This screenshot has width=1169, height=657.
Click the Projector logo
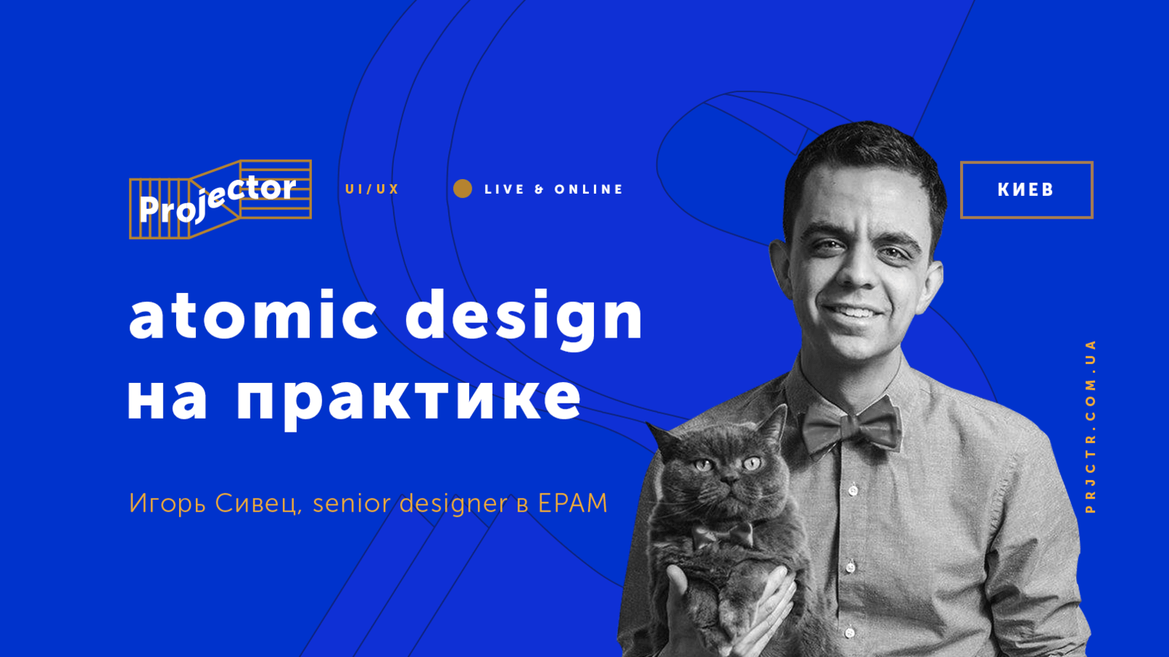point(220,200)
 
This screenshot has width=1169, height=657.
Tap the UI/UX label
point(372,189)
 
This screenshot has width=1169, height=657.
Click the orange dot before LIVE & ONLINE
point(462,189)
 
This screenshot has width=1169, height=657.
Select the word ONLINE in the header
point(588,189)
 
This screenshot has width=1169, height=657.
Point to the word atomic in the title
point(253,315)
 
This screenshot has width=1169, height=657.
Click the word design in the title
point(524,319)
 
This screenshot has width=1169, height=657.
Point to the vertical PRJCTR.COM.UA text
point(1091,426)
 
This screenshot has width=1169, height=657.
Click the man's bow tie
point(850,425)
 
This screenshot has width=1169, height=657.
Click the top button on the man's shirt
point(853,490)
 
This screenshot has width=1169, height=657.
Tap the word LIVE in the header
point(504,189)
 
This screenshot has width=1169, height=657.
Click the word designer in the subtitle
point(453,504)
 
